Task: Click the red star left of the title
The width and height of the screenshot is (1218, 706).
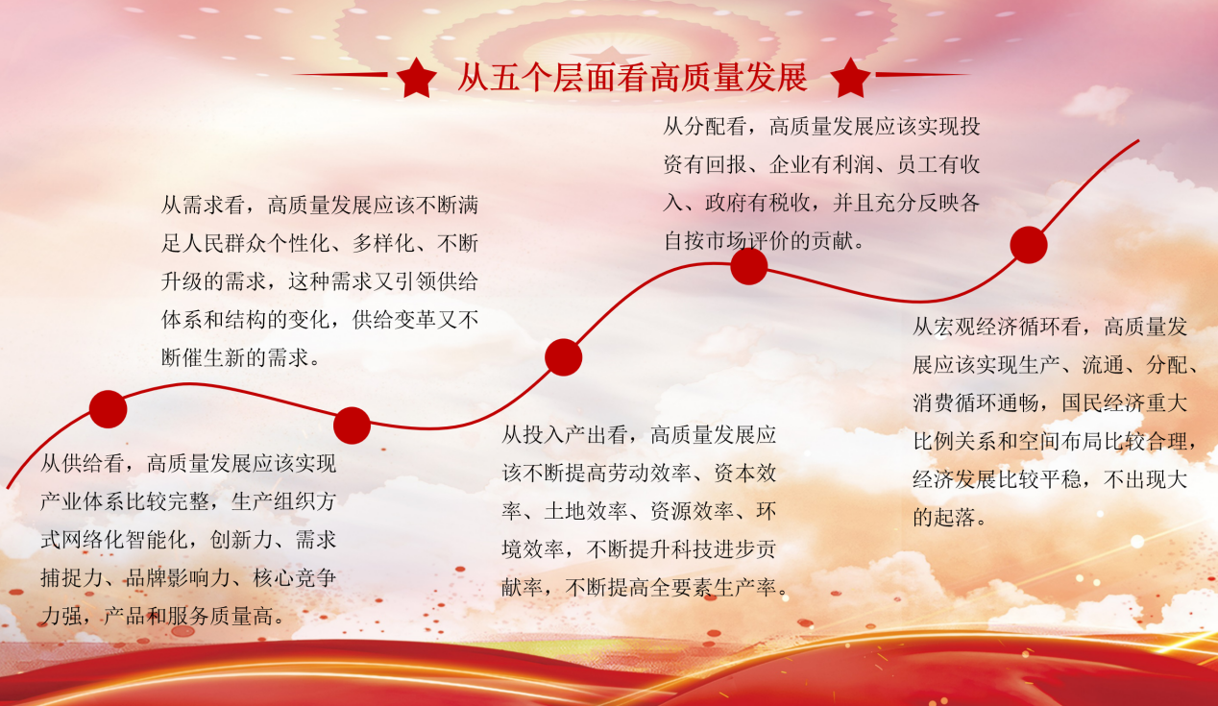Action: coord(417,79)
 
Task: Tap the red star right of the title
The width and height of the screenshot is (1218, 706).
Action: coord(851,79)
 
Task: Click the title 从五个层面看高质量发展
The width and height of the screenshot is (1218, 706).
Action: coord(632,77)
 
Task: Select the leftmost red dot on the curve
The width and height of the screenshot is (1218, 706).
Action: coord(109,409)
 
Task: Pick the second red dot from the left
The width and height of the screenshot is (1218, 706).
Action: coord(352,426)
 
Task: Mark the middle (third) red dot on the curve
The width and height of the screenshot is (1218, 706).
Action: coord(563,357)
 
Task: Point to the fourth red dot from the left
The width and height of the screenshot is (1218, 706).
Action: coord(748,266)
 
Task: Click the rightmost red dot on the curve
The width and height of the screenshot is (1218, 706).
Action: coord(1029,245)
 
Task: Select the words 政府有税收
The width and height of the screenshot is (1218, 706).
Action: coord(758,203)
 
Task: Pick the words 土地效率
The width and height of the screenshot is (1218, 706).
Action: coord(586,511)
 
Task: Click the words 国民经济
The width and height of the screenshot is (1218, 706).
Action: coord(1104,403)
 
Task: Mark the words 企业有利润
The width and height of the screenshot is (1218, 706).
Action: coord(821,165)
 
